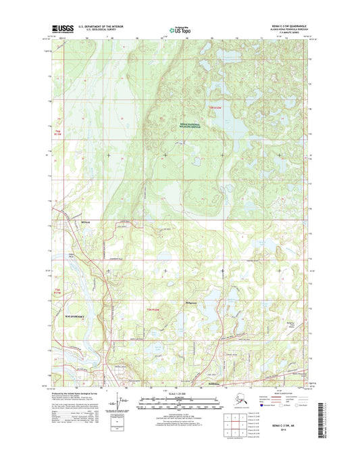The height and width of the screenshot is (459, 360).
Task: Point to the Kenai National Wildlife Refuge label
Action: click(178, 124)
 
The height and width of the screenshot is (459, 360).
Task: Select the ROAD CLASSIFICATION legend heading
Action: click(274, 392)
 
